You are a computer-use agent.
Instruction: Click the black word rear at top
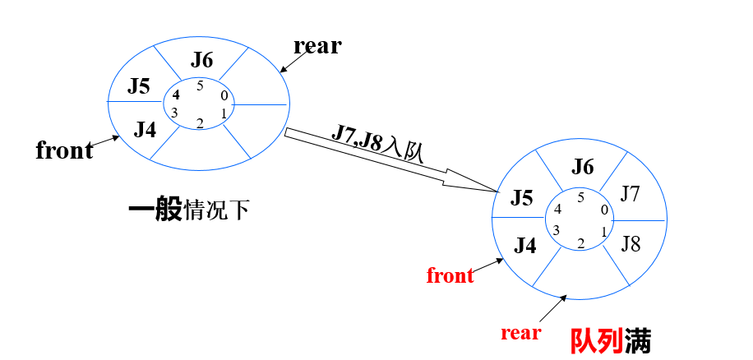pos(316,46)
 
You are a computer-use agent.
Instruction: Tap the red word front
pos(450,275)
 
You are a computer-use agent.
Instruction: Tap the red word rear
pos(521,332)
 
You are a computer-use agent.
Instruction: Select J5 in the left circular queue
pos(138,86)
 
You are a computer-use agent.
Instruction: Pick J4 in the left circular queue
pos(145,129)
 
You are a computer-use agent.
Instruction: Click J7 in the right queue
pos(630,194)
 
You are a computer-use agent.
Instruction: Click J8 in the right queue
pos(631,243)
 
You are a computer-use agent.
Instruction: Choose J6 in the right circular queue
pos(582,167)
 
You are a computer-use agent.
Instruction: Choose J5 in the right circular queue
pos(521,198)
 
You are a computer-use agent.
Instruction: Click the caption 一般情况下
pos(188,210)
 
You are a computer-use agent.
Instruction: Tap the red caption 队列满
pos(611,340)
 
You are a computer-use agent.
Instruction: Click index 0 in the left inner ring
pos(224,95)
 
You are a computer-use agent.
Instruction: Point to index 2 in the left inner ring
pos(199,123)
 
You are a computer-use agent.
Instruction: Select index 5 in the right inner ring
pos(580,197)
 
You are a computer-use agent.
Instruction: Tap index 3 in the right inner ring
pos(557,229)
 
